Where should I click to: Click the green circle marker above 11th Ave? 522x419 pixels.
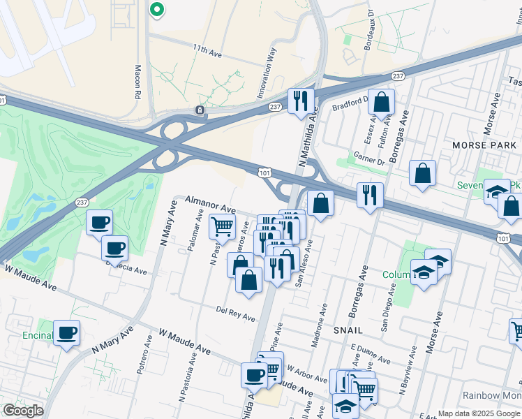[157, 10]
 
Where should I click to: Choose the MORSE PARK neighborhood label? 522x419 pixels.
[484, 145]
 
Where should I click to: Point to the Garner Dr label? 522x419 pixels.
[369, 159]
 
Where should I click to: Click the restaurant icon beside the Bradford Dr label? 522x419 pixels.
[301, 100]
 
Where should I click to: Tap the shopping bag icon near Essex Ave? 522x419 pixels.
[382, 102]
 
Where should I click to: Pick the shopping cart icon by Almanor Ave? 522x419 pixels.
[222, 226]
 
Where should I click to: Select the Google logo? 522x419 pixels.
[23, 411]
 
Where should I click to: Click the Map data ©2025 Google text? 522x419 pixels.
[478, 413]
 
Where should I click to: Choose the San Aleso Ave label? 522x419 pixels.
[306, 255]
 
